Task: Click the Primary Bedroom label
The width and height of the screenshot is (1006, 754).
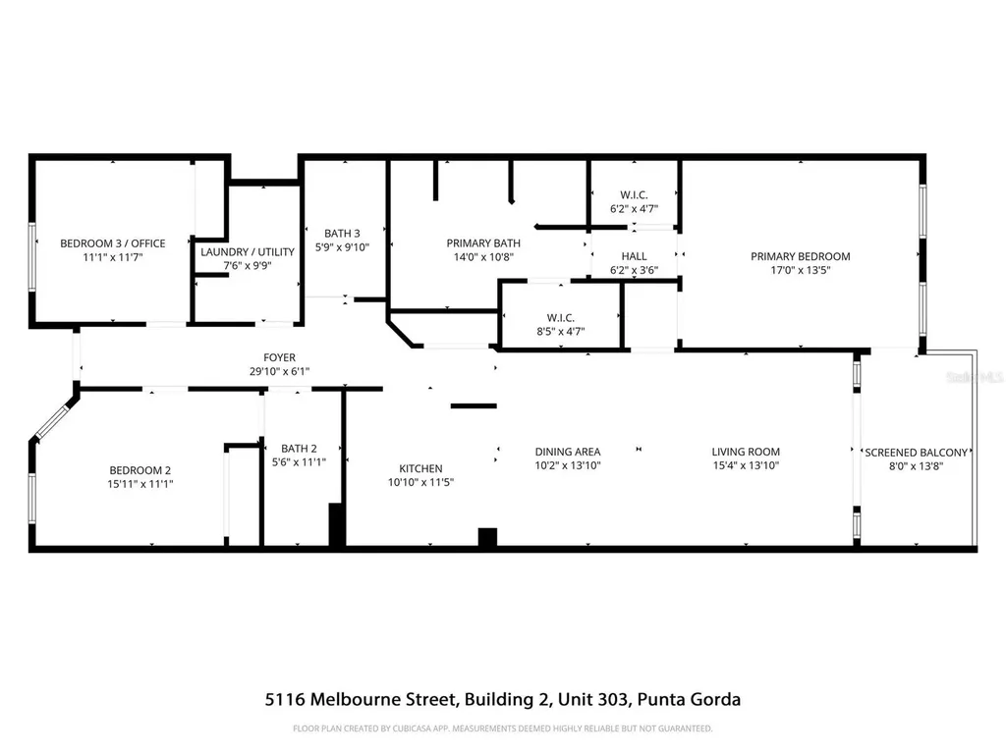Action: point(800,256)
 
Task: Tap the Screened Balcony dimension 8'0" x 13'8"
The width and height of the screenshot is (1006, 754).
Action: point(916,466)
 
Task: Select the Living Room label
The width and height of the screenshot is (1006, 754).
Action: point(745,452)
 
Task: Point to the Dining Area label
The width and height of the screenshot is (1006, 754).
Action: point(567,452)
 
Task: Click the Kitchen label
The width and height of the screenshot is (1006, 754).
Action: point(419,468)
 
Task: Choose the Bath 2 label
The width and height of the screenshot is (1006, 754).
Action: point(299,449)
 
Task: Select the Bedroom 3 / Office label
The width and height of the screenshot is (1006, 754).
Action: point(113,243)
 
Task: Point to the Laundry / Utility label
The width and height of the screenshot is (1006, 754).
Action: point(247,252)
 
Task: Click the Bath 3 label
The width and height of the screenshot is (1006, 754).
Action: point(342,233)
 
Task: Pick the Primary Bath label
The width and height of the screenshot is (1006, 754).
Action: point(483,243)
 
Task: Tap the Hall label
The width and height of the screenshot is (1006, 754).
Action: point(634,256)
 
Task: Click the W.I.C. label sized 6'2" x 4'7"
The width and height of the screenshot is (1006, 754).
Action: point(634,194)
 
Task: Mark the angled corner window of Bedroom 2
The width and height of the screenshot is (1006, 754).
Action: point(54,419)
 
